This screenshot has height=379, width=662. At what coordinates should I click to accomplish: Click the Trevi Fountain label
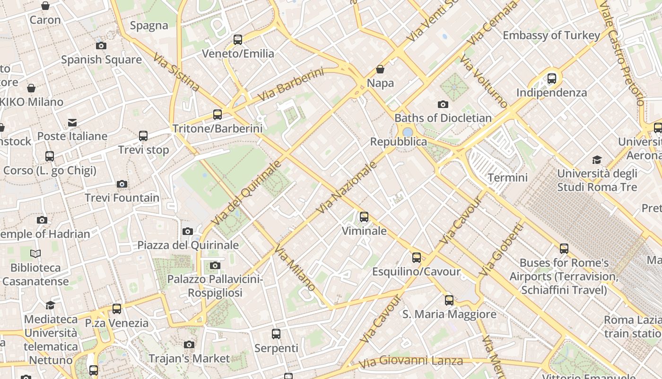point(122,198)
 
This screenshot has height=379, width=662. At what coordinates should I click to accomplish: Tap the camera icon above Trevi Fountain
point(122,184)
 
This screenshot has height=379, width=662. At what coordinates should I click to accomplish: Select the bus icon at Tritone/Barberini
point(218,114)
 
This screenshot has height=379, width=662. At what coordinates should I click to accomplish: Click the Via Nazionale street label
point(347,187)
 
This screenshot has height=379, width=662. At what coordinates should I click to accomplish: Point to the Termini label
point(507,178)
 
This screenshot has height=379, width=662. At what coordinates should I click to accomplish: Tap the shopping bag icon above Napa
point(380,70)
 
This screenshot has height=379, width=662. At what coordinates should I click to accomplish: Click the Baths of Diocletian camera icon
point(443,104)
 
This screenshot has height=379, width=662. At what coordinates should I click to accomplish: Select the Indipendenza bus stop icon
point(552,79)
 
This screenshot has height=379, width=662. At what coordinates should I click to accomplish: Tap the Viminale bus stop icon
point(364,217)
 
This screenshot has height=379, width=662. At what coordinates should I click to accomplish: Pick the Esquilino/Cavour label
point(416,271)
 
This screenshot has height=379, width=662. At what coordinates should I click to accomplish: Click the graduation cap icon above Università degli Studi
point(597,160)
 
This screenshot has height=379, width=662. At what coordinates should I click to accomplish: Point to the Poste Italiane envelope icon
point(72,123)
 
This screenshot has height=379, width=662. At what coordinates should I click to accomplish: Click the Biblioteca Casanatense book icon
point(35,254)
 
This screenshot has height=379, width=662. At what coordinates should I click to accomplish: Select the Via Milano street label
point(295,268)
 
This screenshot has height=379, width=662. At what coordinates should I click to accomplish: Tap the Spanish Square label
point(101,60)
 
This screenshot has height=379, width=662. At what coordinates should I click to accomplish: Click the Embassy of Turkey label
point(551,36)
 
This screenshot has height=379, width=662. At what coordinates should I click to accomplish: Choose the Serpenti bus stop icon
point(276,334)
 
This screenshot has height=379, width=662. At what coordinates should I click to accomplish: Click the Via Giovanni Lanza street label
point(411,362)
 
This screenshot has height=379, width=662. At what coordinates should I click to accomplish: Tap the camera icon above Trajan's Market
point(189,345)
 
